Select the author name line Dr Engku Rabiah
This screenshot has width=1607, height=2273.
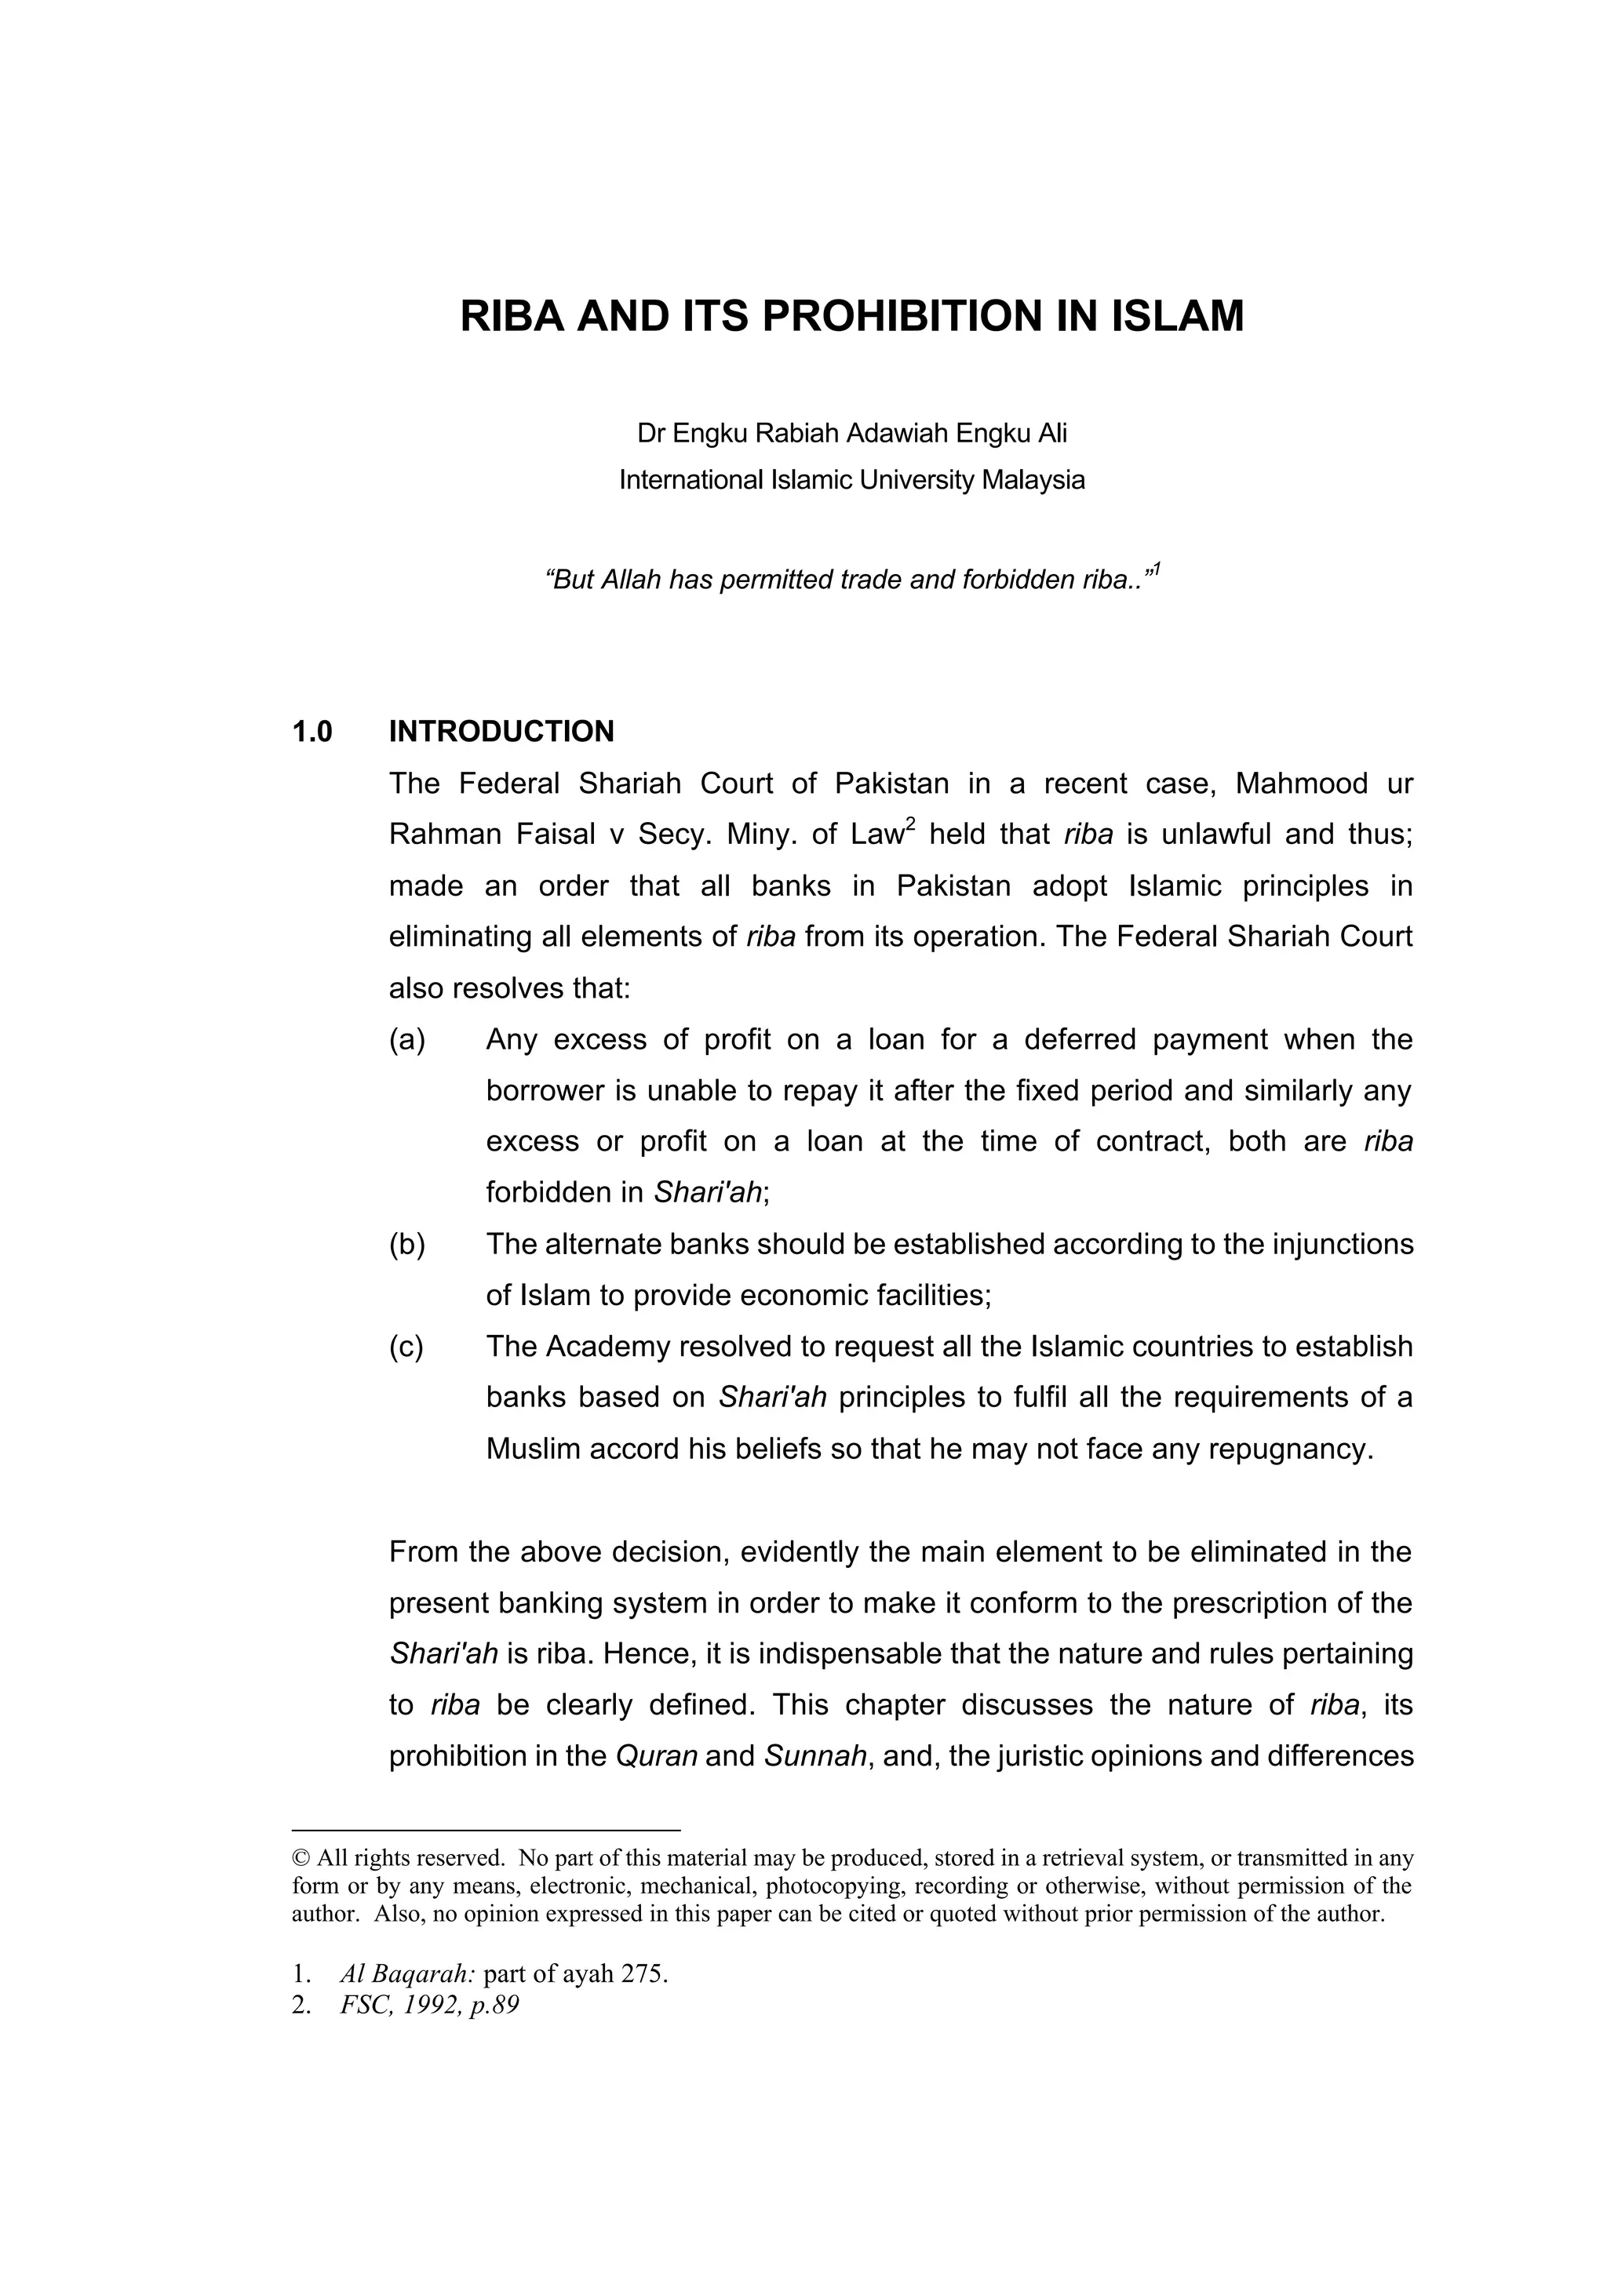851,434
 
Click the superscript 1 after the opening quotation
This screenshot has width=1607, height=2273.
1156,570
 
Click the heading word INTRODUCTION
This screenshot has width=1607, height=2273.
501,732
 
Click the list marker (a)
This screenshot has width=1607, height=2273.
407,1039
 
